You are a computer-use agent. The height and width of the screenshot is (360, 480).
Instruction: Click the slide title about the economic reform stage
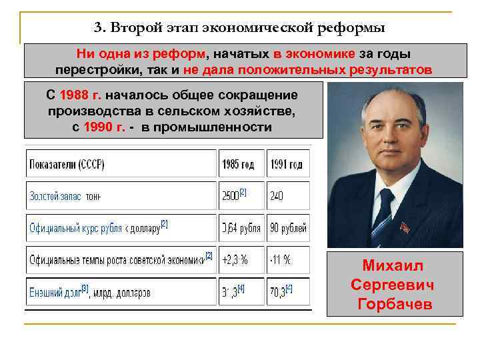click(x=240, y=28)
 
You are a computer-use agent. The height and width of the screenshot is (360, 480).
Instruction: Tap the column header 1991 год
click(x=287, y=164)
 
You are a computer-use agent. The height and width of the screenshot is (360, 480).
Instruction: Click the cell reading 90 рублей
click(x=288, y=229)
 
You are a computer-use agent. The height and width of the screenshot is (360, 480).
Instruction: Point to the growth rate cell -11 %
click(x=280, y=260)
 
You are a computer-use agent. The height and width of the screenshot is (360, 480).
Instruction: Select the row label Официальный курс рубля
click(x=75, y=229)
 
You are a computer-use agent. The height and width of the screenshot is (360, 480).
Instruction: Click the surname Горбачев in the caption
click(x=395, y=305)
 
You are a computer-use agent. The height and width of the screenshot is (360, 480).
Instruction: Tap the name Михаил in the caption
click(x=395, y=265)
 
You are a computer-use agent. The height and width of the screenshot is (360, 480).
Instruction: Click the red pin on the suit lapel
click(x=404, y=227)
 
